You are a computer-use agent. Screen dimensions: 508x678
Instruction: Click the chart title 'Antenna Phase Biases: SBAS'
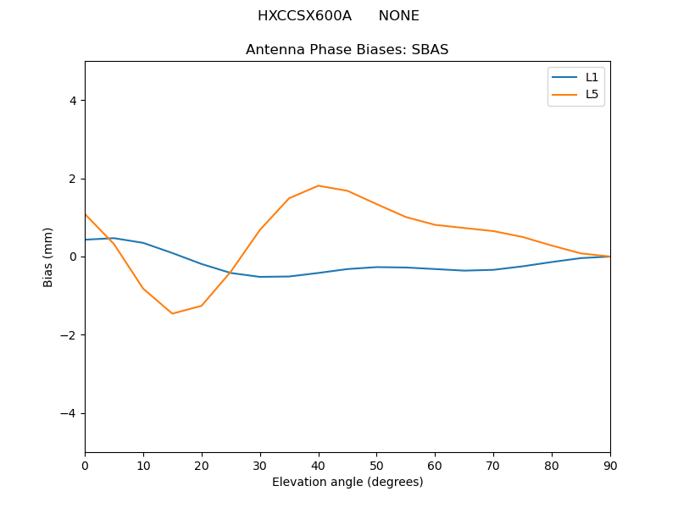point(347,50)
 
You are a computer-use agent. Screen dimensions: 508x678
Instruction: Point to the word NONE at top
point(398,16)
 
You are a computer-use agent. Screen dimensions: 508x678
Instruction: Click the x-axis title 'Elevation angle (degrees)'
point(347,482)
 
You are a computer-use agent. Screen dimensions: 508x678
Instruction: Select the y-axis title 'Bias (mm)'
point(48,257)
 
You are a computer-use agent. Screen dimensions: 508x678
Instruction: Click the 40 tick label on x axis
point(319,465)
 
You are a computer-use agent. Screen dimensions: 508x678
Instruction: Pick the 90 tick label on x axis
point(610,465)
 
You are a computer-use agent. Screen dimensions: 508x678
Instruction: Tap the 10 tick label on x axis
point(143,465)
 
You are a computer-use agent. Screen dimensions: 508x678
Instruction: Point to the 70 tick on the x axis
point(493,465)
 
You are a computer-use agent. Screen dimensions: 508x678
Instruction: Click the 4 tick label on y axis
point(73,101)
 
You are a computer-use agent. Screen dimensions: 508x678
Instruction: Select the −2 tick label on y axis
point(69,335)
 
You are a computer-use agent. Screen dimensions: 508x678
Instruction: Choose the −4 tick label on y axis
point(69,413)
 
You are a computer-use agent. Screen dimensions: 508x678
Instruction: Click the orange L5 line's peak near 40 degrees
point(319,185)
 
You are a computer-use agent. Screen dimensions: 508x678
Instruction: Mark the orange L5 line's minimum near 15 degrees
point(172,313)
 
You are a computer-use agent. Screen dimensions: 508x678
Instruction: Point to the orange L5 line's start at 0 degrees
point(86,214)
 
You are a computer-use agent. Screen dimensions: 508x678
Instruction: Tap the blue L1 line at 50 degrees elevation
point(376,267)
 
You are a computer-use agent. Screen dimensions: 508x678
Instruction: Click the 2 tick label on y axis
point(73,179)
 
